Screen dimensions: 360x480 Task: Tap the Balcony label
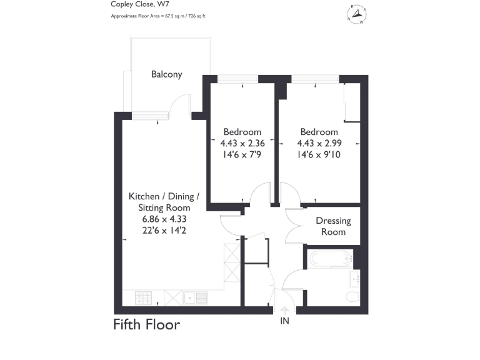pos(167,74)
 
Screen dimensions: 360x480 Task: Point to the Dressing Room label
pos(333,226)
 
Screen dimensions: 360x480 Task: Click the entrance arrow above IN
pos(285,311)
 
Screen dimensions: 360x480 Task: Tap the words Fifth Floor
pos(146,325)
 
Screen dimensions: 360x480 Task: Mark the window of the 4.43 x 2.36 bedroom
pos(237,79)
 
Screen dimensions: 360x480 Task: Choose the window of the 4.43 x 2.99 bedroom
pos(316,79)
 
